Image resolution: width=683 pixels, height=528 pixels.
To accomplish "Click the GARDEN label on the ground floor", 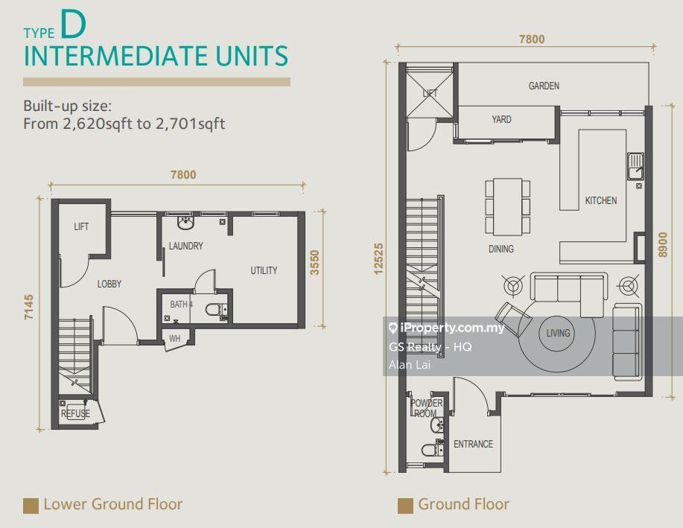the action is tap(544, 86).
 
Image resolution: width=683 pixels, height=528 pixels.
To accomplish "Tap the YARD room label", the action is tap(501, 119).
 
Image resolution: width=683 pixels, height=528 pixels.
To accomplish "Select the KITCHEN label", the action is tap(600, 200).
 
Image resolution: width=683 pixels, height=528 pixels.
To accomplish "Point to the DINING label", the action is tap(501, 249).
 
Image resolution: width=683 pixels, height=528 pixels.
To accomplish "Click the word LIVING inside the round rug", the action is tap(558, 334).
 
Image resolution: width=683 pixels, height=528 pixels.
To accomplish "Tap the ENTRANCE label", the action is tap(473, 444).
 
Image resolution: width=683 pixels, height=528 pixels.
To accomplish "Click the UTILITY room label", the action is tap(264, 270).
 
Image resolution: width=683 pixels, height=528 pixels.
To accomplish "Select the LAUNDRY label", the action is tap(186, 246).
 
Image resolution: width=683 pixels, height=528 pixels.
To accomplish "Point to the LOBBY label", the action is tap(109, 284).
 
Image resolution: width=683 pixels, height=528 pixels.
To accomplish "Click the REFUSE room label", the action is tap(75, 413).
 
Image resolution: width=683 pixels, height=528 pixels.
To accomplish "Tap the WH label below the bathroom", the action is tap(175, 339).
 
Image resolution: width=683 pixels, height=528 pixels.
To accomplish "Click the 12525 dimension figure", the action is tap(378, 258).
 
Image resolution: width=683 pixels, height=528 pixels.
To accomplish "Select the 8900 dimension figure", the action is tap(663, 244).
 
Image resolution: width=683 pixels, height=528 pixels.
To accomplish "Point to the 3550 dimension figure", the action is tap(314, 262).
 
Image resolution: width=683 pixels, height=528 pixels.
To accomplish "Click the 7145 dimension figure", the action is tap(29, 308).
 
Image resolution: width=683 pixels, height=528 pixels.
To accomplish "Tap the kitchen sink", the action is tap(635, 166).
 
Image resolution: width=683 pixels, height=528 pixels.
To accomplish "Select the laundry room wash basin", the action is tap(185, 223).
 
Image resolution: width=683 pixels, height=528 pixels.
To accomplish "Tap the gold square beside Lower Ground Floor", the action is tap(31, 506).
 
